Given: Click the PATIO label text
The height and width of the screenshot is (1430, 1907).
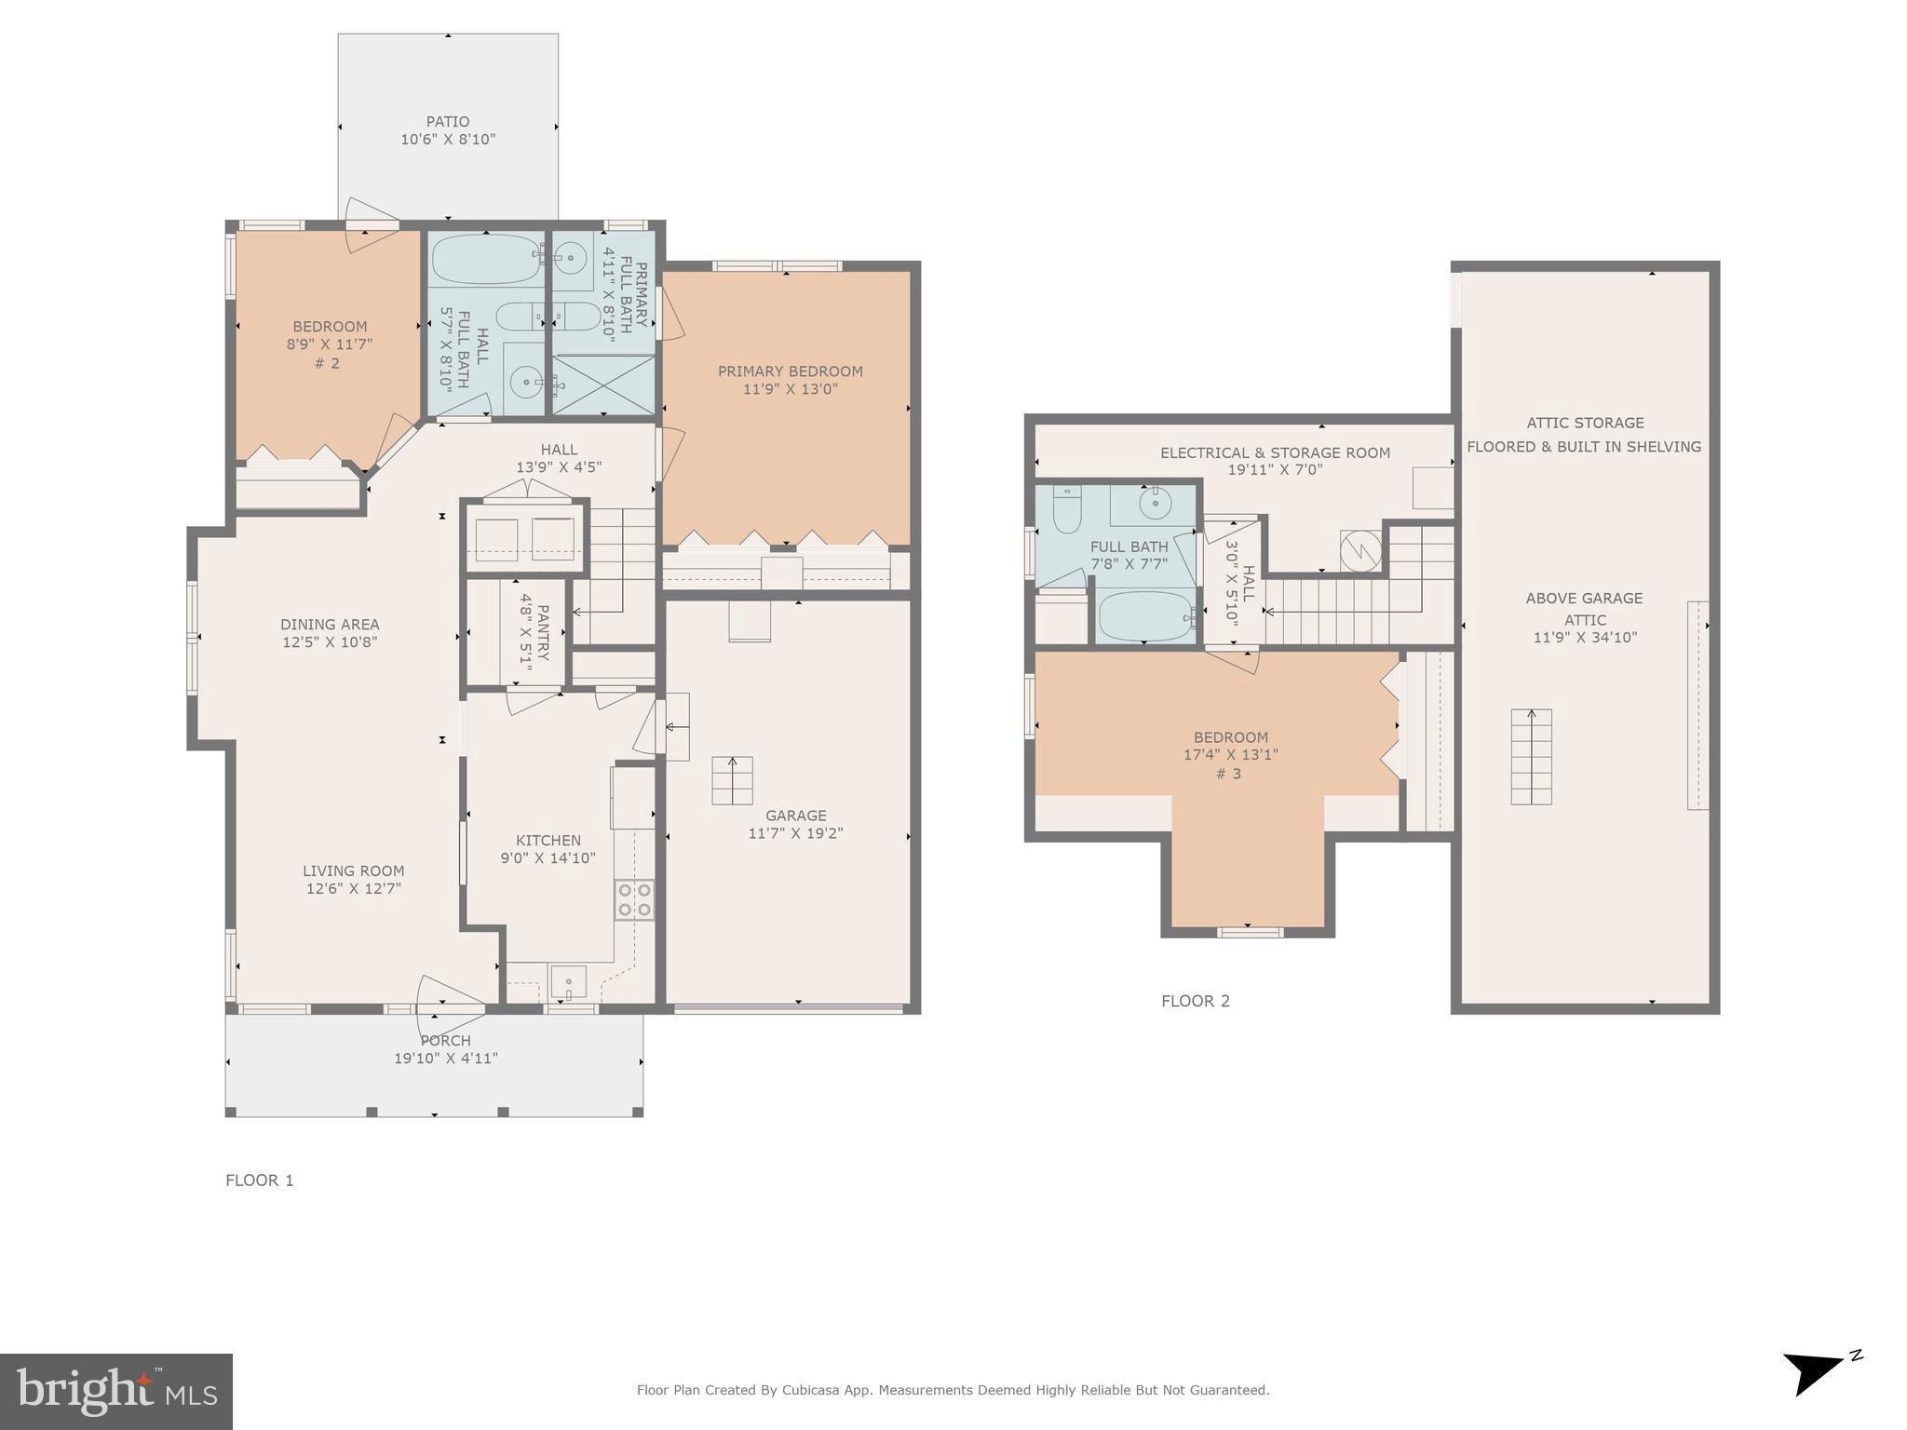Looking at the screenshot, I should click(x=448, y=122).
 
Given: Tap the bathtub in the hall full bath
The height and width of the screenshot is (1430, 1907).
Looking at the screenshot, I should click(x=484, y=259).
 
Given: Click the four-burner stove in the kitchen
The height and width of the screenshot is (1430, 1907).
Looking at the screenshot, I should click(x=634, y=899).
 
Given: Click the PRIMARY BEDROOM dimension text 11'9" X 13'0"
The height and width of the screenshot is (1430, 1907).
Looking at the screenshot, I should click(x=791, y=389).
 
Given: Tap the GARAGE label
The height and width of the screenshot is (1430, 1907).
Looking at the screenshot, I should click(x=795, y=816).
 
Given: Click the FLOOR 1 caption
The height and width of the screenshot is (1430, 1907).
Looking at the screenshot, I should click(x=260, y=1180).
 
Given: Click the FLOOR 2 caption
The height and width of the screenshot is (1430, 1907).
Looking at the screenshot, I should click(x=1196, y=1001).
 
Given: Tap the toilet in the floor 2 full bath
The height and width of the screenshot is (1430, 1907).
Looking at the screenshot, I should click(x=1067, y=511).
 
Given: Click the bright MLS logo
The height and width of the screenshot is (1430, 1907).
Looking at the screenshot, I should click(x=116, y=1391).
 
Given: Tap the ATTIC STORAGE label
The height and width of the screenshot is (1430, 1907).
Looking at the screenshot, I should click(x=1585, y=423).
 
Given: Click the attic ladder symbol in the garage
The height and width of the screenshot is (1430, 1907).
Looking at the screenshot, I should click(x=733, y=780).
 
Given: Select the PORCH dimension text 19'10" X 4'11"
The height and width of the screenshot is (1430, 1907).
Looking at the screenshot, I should click(x=446, y=1059).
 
